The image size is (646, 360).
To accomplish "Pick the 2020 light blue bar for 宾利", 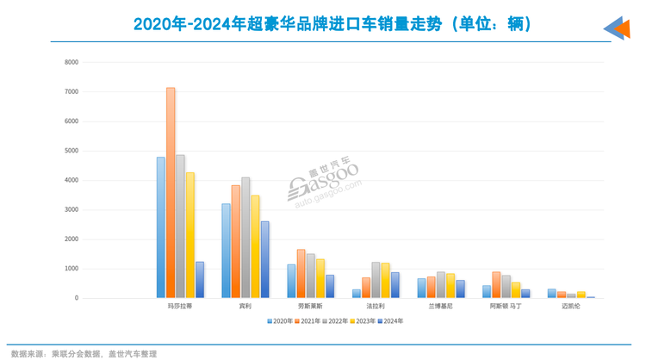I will pos(226,251).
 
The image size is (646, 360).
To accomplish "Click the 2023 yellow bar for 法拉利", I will pos(385,281).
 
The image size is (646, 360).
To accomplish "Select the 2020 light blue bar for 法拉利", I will pos(357,294).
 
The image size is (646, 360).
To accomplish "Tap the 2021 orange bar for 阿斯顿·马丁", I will pos(496,285).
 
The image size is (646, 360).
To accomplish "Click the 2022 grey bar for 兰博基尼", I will pos(441,285).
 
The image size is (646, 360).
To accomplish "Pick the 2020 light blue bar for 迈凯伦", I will pos(552,294).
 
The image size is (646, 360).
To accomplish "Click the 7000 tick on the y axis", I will pos(71,91).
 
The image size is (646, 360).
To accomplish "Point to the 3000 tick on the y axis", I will pos(71,209).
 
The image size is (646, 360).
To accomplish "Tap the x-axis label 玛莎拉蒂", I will pos(180,306).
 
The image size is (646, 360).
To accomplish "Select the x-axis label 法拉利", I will pos(376,306).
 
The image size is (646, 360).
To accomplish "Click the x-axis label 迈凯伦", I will pos(570,306).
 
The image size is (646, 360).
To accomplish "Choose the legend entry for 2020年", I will pos(280,320).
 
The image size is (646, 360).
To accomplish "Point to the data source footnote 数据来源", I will pos(84,353).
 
